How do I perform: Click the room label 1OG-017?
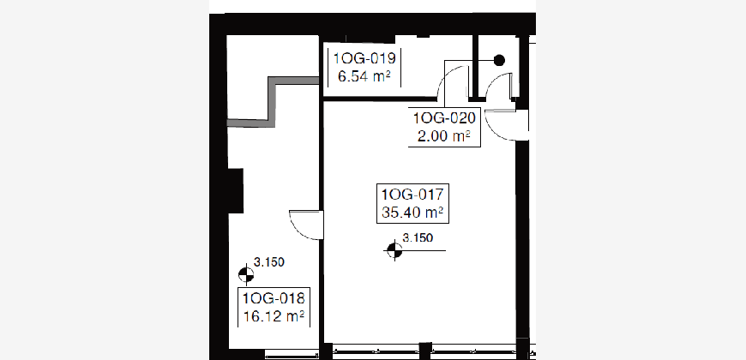[x=412, y=195]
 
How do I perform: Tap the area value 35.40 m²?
[x=412, y=212]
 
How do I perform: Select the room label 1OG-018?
[x=274, y=298]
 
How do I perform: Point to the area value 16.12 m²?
[x=274, y=315]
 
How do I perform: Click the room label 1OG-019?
[x=364, y=58]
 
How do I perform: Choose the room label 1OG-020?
[x=444, y=118]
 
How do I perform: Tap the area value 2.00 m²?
[x=444, y=136]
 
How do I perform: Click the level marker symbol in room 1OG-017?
[x=394, y=250]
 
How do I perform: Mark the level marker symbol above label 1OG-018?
[x=246, y=274]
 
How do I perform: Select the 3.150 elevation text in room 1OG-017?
[x=418, y=237]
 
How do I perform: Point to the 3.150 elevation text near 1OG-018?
[x=268, y=261]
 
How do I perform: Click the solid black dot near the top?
[x=499, y=60]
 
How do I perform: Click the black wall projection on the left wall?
[x=236, y=190]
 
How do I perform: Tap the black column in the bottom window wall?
[x=424, y=351]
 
